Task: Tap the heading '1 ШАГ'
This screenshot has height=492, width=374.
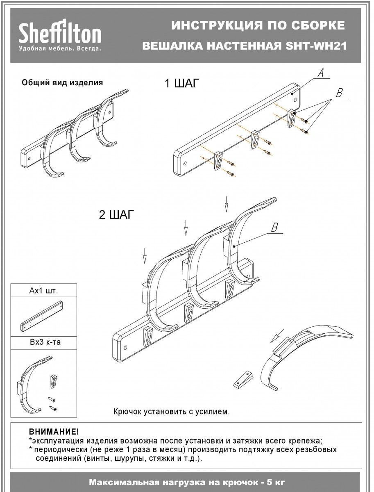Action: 181,84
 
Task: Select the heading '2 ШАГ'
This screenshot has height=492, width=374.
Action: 116,215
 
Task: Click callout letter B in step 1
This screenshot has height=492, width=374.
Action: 339,93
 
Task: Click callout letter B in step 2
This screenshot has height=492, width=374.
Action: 275,227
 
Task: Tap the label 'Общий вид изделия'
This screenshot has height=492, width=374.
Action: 62,83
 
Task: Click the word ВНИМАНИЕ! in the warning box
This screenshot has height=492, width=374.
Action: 54,432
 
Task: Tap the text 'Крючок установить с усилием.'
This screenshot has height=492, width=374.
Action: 172,411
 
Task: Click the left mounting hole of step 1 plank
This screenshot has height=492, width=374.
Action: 186,162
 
